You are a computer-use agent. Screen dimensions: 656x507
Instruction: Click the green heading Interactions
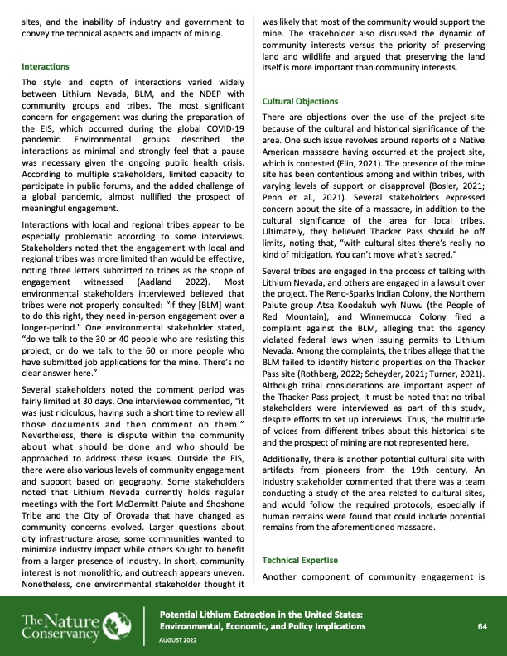pos(45,65)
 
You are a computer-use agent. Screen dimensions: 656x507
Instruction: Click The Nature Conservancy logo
pos(75,625)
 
